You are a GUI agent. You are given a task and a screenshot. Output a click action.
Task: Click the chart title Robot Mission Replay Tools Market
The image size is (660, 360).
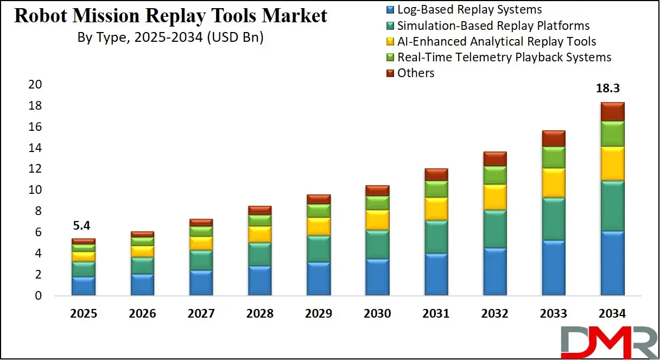170,16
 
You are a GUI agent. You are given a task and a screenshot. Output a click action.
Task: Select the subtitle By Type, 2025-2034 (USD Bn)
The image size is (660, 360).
170,38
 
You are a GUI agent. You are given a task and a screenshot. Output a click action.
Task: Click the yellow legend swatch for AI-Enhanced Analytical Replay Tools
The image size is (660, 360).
390,42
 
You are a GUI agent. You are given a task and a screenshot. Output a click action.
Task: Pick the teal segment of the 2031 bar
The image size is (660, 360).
436,237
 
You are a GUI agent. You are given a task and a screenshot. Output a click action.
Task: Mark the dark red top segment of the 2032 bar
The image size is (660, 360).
494,159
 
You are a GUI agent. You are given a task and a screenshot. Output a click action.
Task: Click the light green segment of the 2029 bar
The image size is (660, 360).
319,211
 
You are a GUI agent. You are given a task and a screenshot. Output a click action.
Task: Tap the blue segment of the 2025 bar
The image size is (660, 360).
83,286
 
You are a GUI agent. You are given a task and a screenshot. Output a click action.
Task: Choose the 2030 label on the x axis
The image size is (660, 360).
377,314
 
